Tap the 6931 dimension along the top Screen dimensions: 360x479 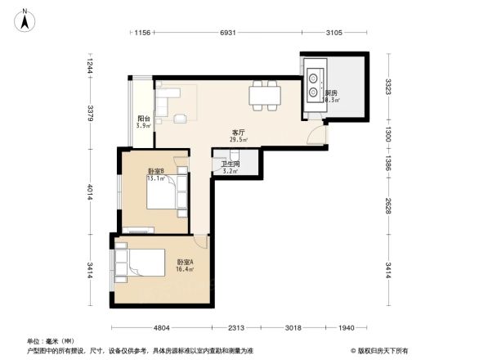click(228, 33)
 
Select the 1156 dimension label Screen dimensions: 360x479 click(142, 33)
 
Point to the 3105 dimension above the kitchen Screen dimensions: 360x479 click(334, 33)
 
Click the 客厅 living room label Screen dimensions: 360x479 click(239, 132)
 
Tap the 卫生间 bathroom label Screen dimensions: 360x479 click(230, 164)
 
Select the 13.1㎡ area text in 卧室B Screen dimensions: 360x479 click(155, 178)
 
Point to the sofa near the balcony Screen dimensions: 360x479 click(167, 104)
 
